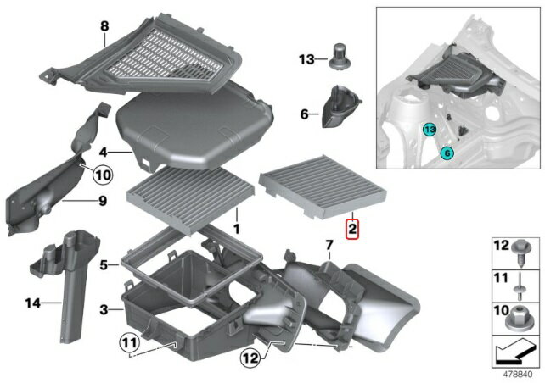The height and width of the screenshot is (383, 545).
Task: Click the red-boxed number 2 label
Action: [352, 230]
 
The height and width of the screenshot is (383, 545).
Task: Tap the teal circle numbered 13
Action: [430, 130]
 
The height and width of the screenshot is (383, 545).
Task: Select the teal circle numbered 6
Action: [447, 153]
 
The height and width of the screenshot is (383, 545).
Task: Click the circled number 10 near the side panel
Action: [103, 175]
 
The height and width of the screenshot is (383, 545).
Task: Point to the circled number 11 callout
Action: [129, 343]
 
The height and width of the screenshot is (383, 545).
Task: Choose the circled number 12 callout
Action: [250, 358]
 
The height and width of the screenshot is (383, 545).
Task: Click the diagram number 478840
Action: [518, 375]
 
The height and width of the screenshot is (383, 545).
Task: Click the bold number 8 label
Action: [104, 26]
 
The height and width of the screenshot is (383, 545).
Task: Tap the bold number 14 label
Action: [32, 303]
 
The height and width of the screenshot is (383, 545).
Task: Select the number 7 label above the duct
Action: [329, 245]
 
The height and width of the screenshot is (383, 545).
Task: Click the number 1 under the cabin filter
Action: [236, 229]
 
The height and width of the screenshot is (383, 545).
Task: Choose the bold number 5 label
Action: [104, 266]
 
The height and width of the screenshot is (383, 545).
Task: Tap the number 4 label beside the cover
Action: [103, 153]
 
